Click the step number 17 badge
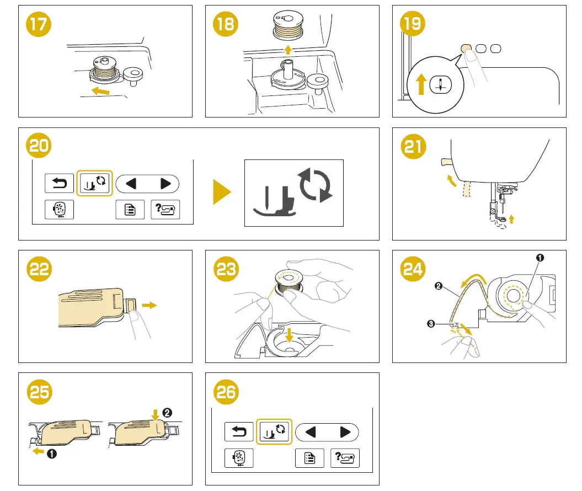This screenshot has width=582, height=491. (x=39, y=25)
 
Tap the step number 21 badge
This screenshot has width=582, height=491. (x=413, y=147)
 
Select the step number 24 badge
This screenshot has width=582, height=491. (x=413, y=269)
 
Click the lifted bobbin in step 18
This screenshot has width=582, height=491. (x=286, y=28)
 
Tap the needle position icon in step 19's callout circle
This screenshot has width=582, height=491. (x=440, y=84)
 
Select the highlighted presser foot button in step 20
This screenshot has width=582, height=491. (x=95, y=183)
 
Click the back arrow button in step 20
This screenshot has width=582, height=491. (x=59, y=183)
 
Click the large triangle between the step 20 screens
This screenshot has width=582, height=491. (x=222, y=193)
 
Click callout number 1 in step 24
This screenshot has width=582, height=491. (x=541, y=257)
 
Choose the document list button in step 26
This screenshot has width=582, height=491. (x=310, y=458)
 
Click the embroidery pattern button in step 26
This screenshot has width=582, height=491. (x=239, y=458)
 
